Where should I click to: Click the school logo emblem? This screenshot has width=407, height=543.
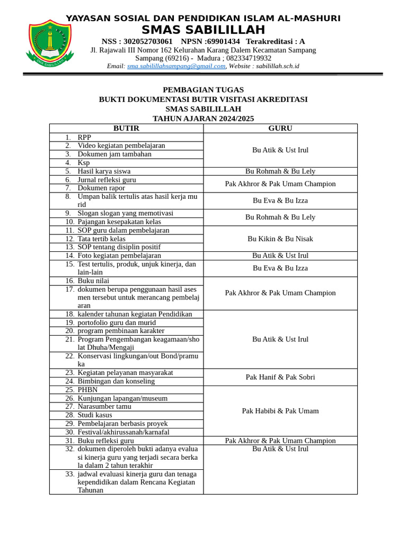pyautogui.click(x=49, y=45)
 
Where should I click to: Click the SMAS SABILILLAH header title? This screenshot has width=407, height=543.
pyautogui.click(x=203, y=30)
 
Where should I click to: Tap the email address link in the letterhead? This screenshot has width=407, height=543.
pyautogui.click(x=176, y=66)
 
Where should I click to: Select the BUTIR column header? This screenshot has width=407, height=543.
pyautogui.click(x=126, y=128)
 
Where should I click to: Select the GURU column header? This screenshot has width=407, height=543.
pyautogui.click(x=280, y=128)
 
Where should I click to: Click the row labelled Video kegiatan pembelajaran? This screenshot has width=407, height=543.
pyautogui.click(x=121, y=146)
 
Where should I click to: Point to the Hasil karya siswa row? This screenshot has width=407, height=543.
pyautogui.click(x=104, y=171)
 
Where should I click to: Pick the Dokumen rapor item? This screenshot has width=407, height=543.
pyautogui.click(x=101, y=188)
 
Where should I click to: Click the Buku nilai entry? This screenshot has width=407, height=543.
pyautogui.click(x=93, y=281)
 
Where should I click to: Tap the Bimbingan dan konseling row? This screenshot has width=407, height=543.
pyautogui.click(x=116, y=381)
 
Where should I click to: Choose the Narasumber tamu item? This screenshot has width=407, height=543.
pyautogui.click(x=104, y=407)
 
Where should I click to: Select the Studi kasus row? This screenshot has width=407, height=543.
pyautogui.click(x=95, y=415)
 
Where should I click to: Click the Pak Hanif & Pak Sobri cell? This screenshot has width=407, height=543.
pyautogui.click(x=280, y=377)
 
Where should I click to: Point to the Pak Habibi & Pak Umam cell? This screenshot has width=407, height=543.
pyautogui.click(x=280, y=411)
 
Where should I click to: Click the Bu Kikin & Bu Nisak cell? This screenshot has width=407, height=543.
pyautogui.click(x=280, y=239)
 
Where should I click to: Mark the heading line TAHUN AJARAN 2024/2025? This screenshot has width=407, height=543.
pyautogui.click(x=203, y=119)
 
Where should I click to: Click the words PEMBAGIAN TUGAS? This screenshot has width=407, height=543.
pyautogui.click(x=203, y=90)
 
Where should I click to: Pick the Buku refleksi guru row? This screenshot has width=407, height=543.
pyautogui.click(x=105, y=441)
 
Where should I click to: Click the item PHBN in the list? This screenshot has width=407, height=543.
pyautogui.click(x=87, y=390)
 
